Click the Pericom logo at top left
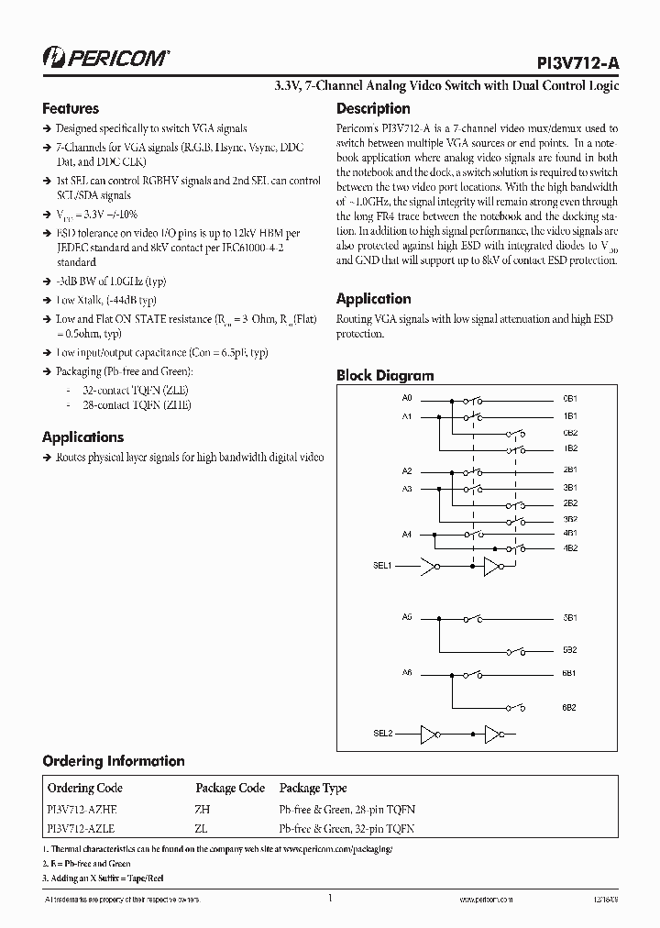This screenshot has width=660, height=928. pos(105,58)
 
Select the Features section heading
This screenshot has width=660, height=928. pos(71,108)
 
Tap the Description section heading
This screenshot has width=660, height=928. pos(373,108)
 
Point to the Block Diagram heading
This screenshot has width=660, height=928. pos(385,375)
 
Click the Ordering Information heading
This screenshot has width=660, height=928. pos(114,761)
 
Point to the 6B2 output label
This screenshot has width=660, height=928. pos(569,707)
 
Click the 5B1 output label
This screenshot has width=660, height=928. pos(569,619)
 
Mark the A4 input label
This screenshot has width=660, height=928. pos(408,534)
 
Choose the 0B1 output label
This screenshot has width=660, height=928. pos(569,400)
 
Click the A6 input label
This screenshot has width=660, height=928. pos(408,673)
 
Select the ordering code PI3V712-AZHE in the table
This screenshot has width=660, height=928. pos(82,810)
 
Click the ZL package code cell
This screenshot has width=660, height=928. pos(202,828)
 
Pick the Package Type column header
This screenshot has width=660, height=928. pos(313,788)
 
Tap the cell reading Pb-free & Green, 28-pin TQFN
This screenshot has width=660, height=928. pos(346,810)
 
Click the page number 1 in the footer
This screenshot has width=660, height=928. pos(328,900)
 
